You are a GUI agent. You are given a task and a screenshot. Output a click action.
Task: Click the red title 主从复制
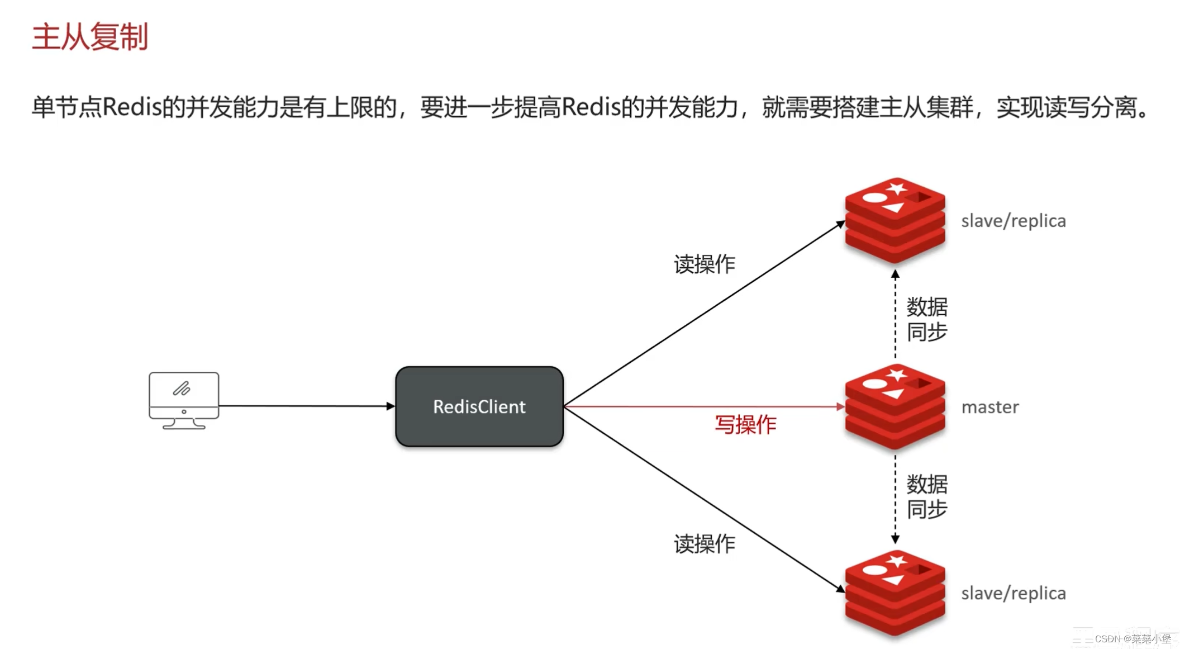(90, 37)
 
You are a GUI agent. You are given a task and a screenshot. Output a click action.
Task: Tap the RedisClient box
(479, 406)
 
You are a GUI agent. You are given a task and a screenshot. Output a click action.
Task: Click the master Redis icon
(895, 406)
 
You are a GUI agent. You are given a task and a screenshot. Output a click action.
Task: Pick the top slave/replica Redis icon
(895, 220)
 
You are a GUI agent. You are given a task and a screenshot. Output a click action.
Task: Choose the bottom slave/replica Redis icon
(895, 593)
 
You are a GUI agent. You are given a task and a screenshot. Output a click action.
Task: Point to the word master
(989, 407)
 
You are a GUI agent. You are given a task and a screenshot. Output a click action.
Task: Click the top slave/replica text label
(1013, 221)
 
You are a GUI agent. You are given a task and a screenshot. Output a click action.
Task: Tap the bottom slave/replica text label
(1013, 593)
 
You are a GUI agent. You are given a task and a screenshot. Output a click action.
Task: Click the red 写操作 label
(745, 425)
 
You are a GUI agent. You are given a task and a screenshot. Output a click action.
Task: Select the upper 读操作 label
(704, 264)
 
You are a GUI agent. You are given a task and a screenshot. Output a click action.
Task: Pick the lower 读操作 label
(704, 544)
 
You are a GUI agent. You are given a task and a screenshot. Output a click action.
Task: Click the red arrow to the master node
(704, 406)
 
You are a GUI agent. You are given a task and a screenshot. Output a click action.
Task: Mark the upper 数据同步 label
(926, 319)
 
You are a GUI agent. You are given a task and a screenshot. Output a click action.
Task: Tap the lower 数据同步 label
(926, 496)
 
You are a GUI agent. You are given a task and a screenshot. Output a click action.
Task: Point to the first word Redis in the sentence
(132, 107)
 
